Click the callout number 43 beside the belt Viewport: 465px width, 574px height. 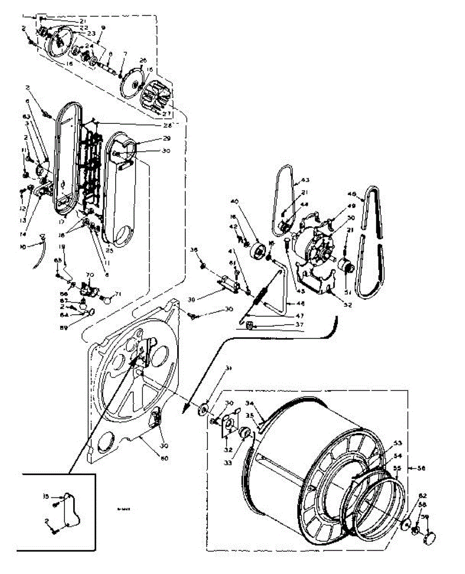[x=305, y=180]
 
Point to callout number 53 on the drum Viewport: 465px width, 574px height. [x=398, y=442]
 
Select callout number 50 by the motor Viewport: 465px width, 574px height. [x=351, y=218]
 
